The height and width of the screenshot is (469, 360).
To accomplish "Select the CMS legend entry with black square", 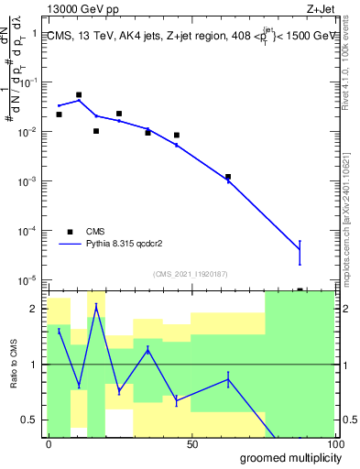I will point(70,232).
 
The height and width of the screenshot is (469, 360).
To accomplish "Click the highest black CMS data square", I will point(79,94).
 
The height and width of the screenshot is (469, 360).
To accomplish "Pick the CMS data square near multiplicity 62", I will point(228,177).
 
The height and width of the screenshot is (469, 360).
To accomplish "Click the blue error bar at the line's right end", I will point(300,252).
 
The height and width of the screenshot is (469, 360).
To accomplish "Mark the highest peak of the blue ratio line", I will point(96,306).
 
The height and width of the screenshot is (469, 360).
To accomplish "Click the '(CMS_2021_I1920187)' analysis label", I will point(190,273).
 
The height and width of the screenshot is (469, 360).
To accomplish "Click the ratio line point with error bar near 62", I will point(228,379).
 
